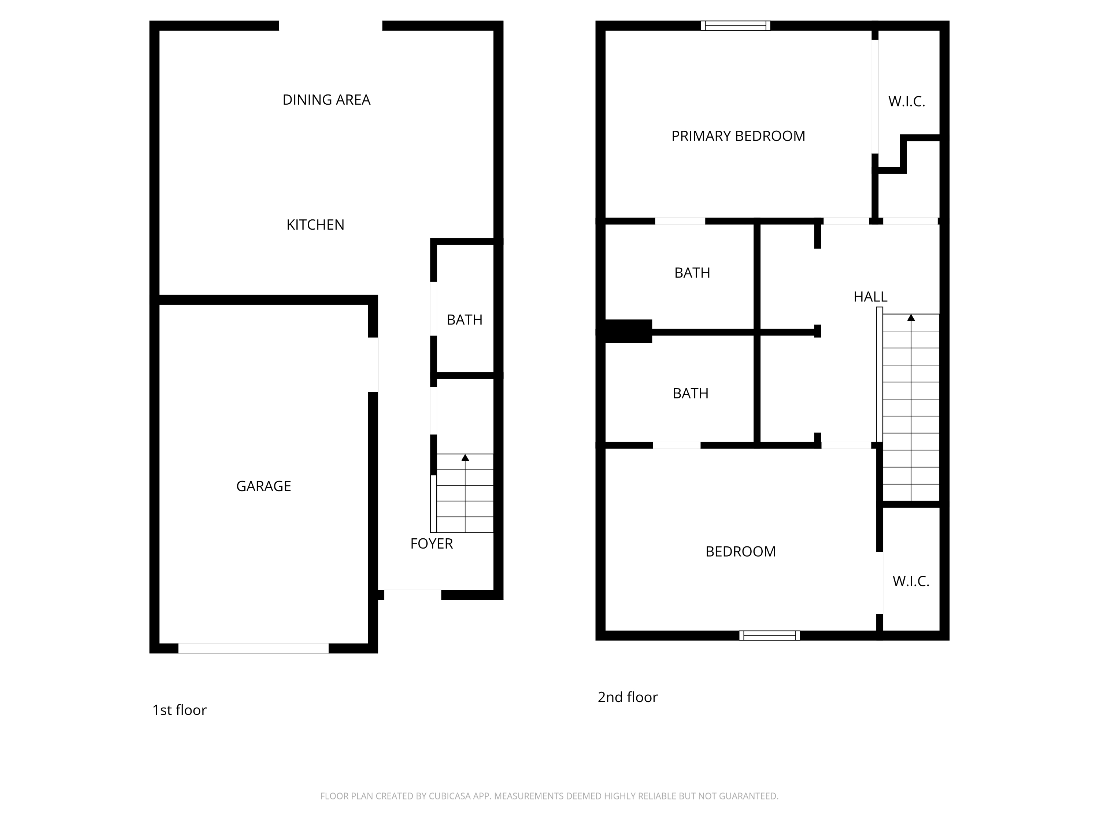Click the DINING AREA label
click(326, 100)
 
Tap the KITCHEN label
click(315, 225)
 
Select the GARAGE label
click(263, 486)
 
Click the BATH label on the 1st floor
click(465, 320)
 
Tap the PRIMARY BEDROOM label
click(738, 136)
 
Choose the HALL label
click(870, 297)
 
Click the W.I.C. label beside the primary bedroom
click(906, 102)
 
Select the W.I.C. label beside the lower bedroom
click(911, 582)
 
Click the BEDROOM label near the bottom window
click(740, 552)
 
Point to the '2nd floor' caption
click(628, 697)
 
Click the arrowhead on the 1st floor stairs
click(465, 457)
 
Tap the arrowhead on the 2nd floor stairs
click(911, 318)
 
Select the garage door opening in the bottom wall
click(254, 648)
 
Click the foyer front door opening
click(412, 595)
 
